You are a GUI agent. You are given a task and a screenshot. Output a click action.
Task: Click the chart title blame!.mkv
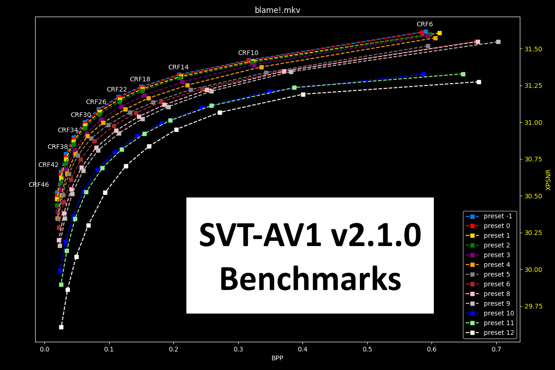point(277,10)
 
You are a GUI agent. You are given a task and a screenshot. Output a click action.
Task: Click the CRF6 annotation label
point(425,25)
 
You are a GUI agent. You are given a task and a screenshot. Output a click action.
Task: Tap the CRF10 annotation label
point(248,53)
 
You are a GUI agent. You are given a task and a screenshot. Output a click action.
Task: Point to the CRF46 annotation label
point(38,185)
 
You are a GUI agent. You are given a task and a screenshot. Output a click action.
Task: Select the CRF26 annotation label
point(96,102)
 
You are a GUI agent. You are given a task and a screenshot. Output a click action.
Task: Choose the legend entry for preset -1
point(498,216)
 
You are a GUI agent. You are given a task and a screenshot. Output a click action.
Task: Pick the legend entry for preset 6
point(498,284)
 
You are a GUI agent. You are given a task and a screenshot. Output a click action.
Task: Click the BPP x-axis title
point(277,358)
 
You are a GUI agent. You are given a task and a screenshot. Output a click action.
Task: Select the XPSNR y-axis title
point(549,179)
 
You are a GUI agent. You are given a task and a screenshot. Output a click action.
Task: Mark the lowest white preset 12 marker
point(61,327)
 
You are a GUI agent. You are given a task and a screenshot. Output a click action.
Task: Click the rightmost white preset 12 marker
point(479,82)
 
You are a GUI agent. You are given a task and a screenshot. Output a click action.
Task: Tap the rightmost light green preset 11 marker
point(463,74)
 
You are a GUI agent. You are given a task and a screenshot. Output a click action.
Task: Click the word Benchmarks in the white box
point(310,280)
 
